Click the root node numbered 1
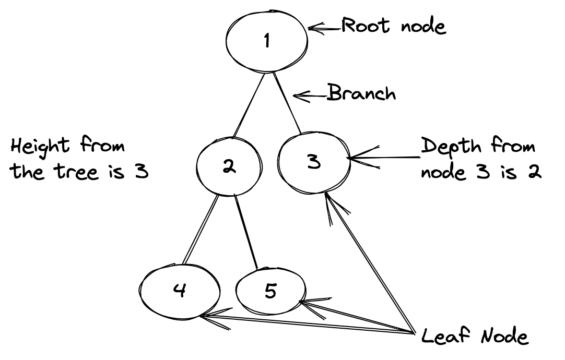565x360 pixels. point(267,41)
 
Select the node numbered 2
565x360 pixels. point(229,166)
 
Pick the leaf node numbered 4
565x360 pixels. point(180,290)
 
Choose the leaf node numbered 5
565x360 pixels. point(270,291)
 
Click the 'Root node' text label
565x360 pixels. point(394,26)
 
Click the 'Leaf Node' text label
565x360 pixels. point(475,337)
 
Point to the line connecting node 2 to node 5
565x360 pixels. point(247,232)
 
